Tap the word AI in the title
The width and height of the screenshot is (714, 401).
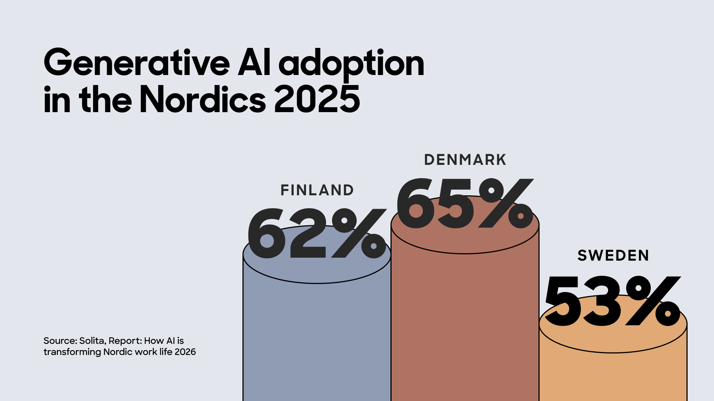[x=254, y=63]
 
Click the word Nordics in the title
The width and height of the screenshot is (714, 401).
[x=203, y=100]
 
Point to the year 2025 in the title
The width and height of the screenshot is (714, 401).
[x=317, y=100]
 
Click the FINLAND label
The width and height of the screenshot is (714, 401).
[x=317, y=190]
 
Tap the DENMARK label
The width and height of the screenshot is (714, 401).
[x=465, y=160]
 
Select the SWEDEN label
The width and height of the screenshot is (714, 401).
[x=613, y=255]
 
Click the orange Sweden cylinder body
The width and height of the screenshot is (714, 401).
[x=613, y=375]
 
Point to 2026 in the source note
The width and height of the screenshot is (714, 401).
[x=185, y=352]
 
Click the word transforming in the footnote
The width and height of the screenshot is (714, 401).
[x=72, y=352]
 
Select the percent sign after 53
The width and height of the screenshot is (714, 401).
[x=653, y=301]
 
